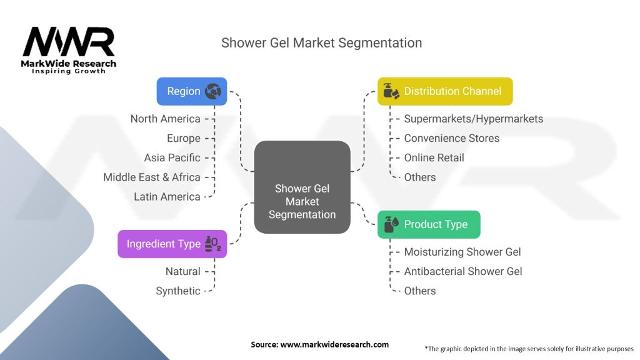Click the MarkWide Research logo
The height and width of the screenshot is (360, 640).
tap(69, 50)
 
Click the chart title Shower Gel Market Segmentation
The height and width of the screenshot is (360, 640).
tap(321, 42)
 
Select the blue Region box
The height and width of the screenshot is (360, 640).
tap(191, 91)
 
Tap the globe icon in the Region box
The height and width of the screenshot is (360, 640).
tap(213, 91)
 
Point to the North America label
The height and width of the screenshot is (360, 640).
tap(165, 119)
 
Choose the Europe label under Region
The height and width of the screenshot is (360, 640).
tap(183, 138)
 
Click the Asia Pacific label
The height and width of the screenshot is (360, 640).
tap(172, 157)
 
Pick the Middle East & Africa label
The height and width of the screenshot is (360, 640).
tap(152, 177)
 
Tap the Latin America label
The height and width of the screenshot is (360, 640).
tap(167, 196)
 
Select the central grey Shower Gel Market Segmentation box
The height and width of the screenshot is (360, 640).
tap(302, 187)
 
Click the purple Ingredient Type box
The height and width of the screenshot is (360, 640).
tap(172, 244)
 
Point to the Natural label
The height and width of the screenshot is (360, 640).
tap(182, 271)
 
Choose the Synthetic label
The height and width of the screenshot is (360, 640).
tap(178, 291)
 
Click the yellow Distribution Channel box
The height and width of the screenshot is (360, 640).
tap(444, 91)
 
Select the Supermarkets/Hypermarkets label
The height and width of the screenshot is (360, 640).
tap(473, 119)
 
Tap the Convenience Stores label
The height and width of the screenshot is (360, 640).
tap(451, 138)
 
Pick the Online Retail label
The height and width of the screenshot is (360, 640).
tap(434, 157)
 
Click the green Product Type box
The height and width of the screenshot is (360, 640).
tap(428, 224)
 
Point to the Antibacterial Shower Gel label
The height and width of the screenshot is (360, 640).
tap(462, 271)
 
